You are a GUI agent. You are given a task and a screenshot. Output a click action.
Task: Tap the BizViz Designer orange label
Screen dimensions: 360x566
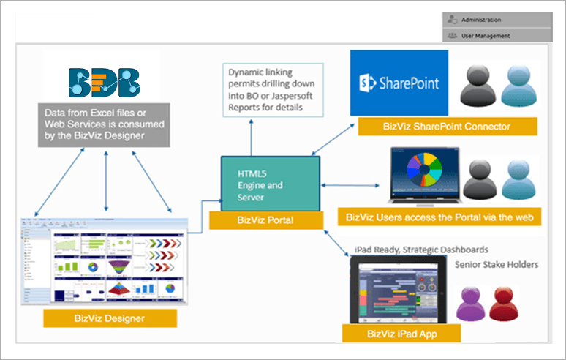[x=110, y=318]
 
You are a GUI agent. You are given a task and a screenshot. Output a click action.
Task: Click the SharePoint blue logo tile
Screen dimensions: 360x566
[x=399, y=83]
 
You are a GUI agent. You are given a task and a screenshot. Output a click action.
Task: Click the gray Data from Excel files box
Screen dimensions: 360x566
[x=106, y=124]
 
